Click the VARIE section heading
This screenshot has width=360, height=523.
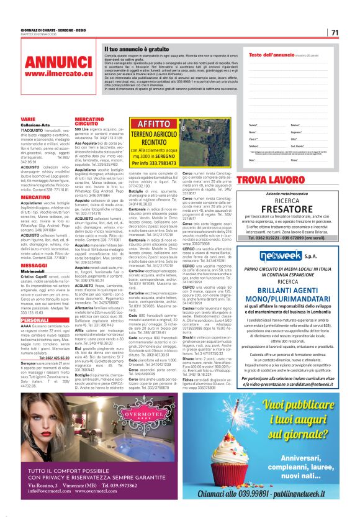[28, 118]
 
